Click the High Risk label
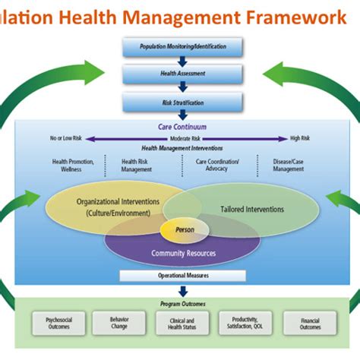(x=300, y=138)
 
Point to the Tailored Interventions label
(x=252, y=209)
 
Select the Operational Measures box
(x=182, y=275)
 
